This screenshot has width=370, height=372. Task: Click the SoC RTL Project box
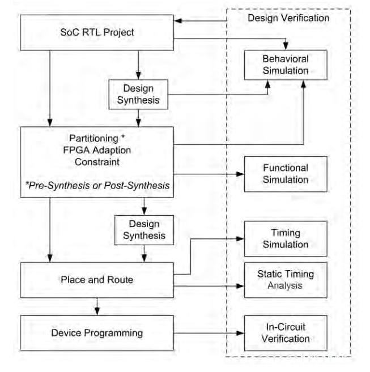96,32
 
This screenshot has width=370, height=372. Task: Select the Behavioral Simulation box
286,65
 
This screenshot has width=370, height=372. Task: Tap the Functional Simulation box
286,174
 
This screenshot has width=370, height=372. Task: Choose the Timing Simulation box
286,238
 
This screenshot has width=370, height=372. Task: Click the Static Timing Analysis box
286,280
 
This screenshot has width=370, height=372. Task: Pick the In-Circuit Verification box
286,333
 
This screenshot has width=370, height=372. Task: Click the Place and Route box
96,280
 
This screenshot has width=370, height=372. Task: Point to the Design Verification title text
288,18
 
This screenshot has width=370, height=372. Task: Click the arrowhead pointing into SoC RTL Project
177,22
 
